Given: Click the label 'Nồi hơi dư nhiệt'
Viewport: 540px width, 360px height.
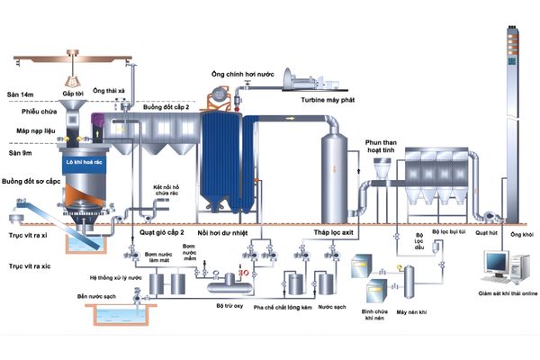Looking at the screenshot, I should pos(221,232).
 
